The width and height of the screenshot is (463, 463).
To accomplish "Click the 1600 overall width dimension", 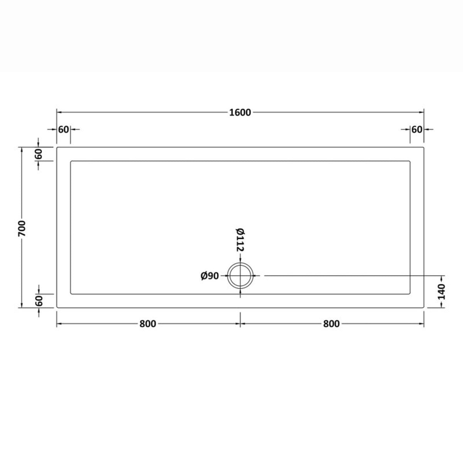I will tap(240, 112).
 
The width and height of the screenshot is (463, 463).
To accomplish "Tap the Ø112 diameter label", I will tap(240, 240).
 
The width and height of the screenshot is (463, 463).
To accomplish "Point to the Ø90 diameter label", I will tap(210, 275).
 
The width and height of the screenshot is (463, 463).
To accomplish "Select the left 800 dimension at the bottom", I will tap(148, 324).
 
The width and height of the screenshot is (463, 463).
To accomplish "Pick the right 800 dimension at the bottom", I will tap(331, 324).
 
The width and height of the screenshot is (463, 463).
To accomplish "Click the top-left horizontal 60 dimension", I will tap(63, 129).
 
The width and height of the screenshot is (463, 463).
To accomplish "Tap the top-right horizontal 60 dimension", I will tap(417, 129).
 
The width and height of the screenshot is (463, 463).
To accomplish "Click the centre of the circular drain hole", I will tap(241, 275).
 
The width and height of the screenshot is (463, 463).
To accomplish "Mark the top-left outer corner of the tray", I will tap(57, 147).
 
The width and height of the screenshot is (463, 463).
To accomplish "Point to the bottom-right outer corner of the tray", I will tap(424, 308).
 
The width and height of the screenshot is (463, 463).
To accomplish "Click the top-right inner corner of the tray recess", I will tap(410, 161).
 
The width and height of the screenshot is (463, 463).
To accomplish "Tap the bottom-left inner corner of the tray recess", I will tap(71, 293).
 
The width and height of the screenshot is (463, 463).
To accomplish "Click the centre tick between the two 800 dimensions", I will tap(241, 324).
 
